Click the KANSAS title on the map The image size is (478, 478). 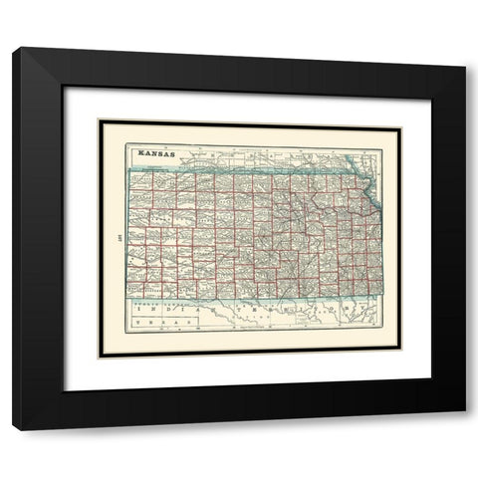(x=155, y=154)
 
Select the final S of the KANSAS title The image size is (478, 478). (x=171, y=154)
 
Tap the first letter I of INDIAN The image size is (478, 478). (x=135, y=310)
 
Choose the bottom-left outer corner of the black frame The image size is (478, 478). (x=13, y=429)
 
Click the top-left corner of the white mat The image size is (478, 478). (x=65, y=88)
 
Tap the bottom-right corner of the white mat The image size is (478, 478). (x=431, y=390)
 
